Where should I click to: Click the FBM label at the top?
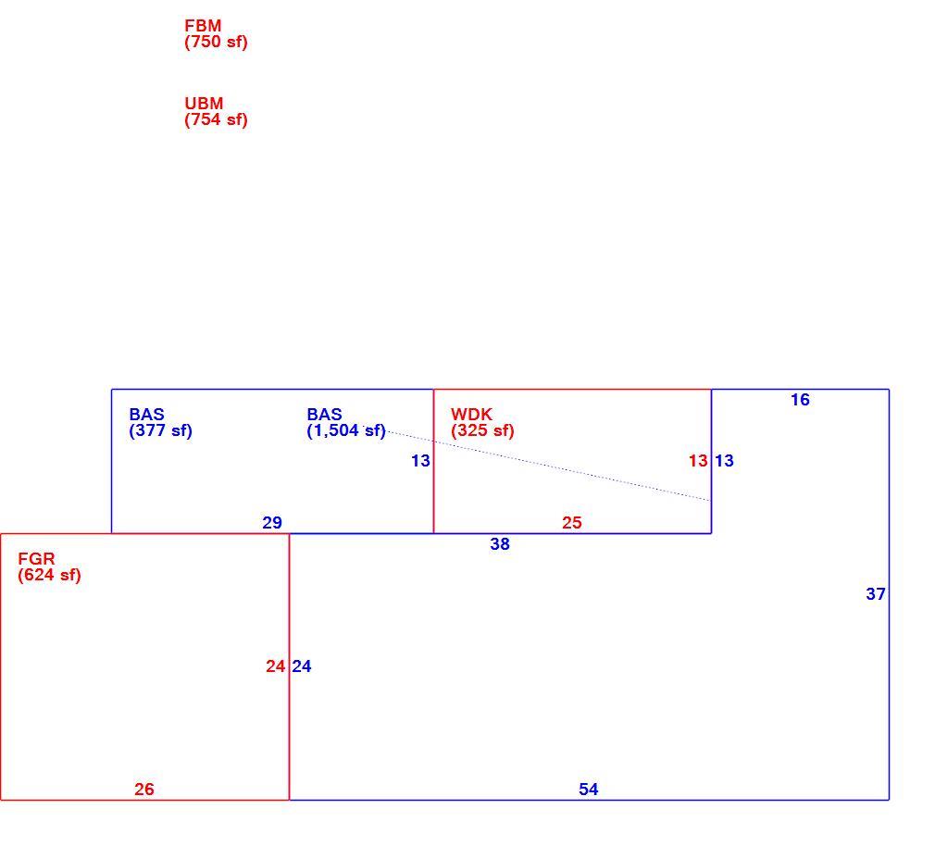[203, 26]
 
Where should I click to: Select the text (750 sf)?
[216, 43]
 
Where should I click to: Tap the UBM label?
[204, 103]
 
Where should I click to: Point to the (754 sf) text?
[216, 119]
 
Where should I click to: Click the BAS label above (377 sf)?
[146, 415]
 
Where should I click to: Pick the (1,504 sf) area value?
[346, 431]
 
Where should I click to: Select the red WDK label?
[472, 415]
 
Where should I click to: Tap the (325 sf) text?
[482, 431]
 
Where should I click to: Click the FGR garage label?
[36, 559]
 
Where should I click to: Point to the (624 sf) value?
[49, 576]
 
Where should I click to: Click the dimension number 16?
[800, 400]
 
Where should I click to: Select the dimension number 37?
[876, 594]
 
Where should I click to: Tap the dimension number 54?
[588, 790]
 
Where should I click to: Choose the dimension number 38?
[500, 543]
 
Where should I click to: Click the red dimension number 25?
[571, 523]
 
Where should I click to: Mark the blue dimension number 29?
[272, 523]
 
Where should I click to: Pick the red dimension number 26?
[143, 790]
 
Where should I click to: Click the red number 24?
[276, 666]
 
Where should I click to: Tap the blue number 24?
[302, 666]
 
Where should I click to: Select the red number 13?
[698, 461]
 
